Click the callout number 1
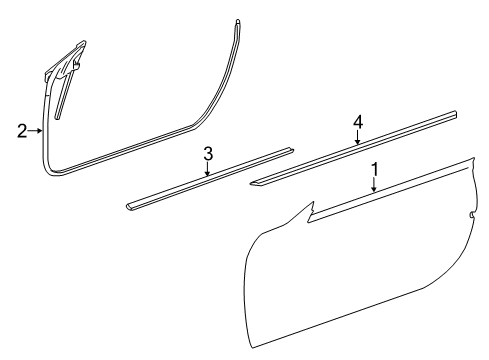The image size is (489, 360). pos(375,169)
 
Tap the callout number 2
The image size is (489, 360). pos(22,131)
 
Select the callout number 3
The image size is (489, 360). pos(208,154)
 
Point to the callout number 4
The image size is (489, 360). pos(358,122)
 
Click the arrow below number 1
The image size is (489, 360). pos(374,185)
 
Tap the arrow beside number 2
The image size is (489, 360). pos(35,131)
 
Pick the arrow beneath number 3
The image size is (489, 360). pos(208,169)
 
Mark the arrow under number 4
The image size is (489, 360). pos(357,137)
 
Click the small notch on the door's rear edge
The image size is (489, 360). pos(472,215)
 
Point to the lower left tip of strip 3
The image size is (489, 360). pos(127,207)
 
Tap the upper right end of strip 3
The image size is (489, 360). pos(292,149)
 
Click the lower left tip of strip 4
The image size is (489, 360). pos(251,182)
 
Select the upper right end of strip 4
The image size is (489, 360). pos(454,113)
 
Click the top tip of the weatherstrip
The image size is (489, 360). pos(237,21)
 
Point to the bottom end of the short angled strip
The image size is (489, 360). pos(58,117)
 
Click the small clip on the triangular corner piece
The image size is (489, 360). pos(77,65)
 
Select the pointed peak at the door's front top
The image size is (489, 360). pos(313,202)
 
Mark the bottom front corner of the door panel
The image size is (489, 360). pos(253,348)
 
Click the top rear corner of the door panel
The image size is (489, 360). pos(473,158)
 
